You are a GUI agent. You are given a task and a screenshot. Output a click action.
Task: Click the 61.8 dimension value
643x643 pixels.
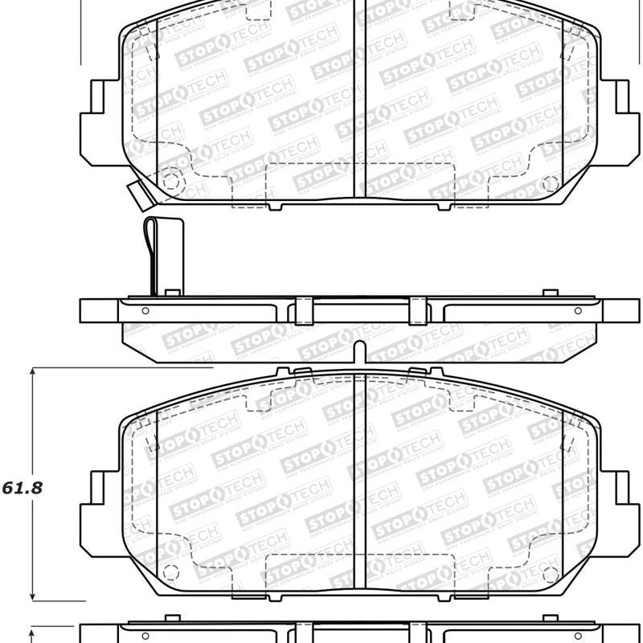pyautogui.click(x=22, y=487)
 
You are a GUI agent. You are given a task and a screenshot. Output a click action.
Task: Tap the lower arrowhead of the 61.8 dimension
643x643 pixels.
pyautogui.click(x=32, y=596)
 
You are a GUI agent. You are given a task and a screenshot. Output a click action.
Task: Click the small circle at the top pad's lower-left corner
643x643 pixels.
pyautogui.click(x=170, y=181)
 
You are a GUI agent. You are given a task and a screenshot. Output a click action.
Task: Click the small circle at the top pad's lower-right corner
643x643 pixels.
pyautogui.click(x=551, y=183)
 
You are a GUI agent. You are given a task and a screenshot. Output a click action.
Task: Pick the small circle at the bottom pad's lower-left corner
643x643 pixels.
pyautogui.click(x=170, y=574)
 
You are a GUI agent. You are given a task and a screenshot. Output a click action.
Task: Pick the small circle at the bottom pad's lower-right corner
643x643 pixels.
pyautogui.click(x=551, y=575)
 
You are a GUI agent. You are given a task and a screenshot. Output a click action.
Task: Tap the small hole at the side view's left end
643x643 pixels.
pyautogui.click(x=145, y=310)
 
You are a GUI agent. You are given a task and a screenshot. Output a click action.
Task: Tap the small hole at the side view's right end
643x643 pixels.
pyautogui.click(x=577, y=310)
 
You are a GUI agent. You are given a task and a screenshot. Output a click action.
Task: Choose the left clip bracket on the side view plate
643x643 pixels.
pyautogui.click(x=303, y=310)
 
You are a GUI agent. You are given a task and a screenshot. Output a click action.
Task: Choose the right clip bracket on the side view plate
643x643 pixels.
pyautogui.click(x=418, y=310)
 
